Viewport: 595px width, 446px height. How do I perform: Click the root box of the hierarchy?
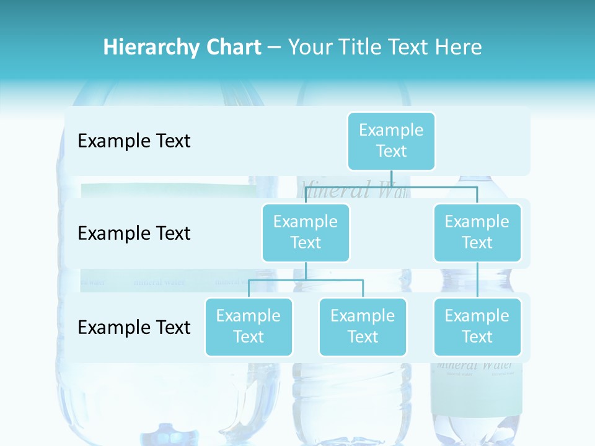(x=391, y=141)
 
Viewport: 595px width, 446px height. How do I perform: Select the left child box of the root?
(x=306, y=232)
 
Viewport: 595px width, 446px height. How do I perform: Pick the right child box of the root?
(x=477, y=232)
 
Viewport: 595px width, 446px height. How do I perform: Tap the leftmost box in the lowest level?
(x=249, y=326)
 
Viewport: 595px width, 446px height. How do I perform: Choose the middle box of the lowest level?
(x=363, y=326)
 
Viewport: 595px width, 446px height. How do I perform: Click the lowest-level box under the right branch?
(x=477, y=326)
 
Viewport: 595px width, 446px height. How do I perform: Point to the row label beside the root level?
(x=134, y=141)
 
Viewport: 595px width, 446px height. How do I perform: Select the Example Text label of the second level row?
(x=134, y=234)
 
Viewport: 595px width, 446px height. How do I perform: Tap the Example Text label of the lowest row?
(x=134, y=327)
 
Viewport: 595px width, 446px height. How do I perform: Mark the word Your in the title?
(x=309, y=47)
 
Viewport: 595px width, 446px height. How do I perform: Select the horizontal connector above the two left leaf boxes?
(x=306, y=280)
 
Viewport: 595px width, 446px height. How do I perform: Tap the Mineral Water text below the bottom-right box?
(x=476, y=365)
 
